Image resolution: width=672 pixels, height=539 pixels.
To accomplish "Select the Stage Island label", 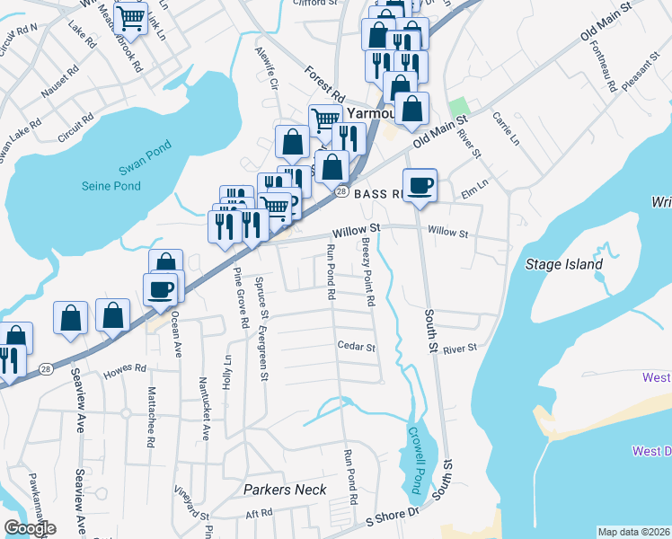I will click(x=564, y=264).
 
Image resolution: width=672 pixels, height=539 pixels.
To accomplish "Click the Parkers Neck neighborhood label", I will click(x=285, y=490).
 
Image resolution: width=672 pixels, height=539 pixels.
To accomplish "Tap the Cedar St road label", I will click(x=356, y=346).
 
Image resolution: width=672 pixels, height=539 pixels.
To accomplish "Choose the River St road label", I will click(x=458, y=348).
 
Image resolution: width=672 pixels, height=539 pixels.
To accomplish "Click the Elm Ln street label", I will click(x=473, y=186).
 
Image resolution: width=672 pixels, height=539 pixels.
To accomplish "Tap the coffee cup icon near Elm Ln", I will click(x=420, y=186).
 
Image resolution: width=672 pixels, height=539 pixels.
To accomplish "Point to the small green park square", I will click(x=459, y=106).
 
